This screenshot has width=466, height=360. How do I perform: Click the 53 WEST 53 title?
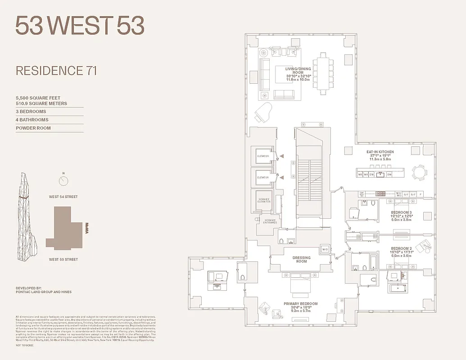80,26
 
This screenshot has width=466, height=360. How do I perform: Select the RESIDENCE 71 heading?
56,71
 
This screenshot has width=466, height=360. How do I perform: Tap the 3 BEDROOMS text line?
31,112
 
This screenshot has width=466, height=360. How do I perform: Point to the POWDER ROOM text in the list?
33,128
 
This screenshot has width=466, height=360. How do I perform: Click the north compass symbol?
63,181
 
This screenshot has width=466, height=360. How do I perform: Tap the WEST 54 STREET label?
63,197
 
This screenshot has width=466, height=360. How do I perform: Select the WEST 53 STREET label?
63,260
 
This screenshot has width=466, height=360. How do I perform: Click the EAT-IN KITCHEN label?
380,152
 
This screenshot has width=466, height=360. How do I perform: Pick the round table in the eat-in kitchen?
420,173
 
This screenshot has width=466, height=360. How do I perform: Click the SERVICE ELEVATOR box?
263,200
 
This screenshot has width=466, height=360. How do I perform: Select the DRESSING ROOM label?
301,260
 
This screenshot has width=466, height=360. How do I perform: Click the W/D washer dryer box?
325,249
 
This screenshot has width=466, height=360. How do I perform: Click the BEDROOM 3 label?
401,212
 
